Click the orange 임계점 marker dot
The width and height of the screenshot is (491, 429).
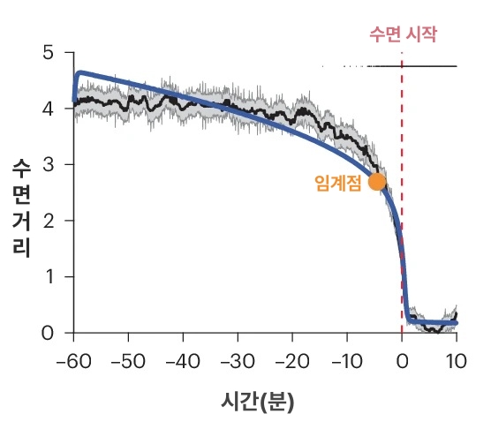click(x=377, y=182)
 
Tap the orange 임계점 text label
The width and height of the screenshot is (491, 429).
click(x=338, y=183)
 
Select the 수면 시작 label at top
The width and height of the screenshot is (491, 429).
click(x=403, y=35)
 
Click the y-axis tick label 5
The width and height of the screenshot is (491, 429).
click(x=48, y=53)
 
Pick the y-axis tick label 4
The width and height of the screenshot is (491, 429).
click(x=48, y=109)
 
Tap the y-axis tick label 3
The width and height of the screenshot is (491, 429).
click(x=48, y=165)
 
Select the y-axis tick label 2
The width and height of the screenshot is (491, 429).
click(x=48, y=221)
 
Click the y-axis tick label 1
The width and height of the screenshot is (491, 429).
click(x=48, y=277)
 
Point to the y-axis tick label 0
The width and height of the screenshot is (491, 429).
click(x=48, y=333)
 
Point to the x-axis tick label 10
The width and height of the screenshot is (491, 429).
click(x=457, y=361)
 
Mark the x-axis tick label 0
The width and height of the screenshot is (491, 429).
click(x=403, y=361)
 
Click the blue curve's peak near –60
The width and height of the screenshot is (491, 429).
click(x=80, y=72)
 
